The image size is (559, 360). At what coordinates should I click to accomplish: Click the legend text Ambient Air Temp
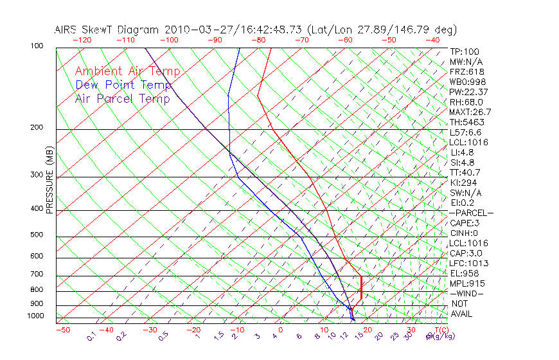pos(127,71)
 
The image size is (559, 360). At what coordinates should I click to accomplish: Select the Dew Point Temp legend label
pos(123,85)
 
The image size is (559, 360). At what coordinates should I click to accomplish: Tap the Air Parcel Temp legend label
pos(123,98)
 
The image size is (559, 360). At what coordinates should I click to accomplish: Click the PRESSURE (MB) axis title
pos(49,183)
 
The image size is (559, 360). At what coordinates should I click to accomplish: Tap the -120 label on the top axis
pos(81,40)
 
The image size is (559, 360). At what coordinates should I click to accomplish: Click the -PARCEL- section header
pos(472,213)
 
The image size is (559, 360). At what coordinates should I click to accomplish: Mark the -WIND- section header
pos(467,293)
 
